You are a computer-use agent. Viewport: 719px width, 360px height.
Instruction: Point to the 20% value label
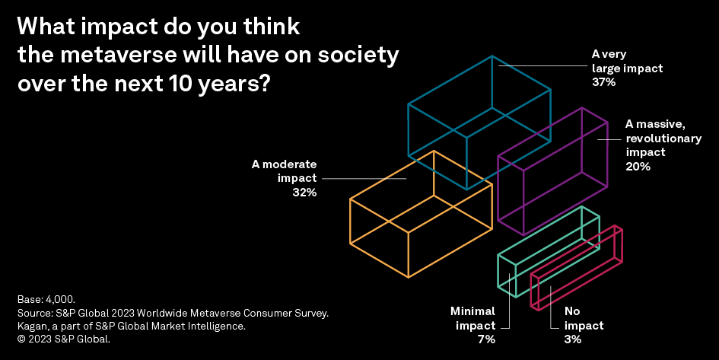(638, 167)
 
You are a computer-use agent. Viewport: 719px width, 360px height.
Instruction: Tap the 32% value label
(304, 193)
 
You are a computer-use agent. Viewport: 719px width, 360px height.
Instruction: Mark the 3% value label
(573, 339)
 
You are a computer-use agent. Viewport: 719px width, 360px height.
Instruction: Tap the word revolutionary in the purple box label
(654, 139)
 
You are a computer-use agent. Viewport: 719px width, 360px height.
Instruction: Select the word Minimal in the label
(472, 311)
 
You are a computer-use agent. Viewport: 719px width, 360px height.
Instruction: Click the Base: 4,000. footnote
(46, 299)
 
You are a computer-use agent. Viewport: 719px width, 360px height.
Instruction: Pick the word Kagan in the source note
(31, 327)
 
